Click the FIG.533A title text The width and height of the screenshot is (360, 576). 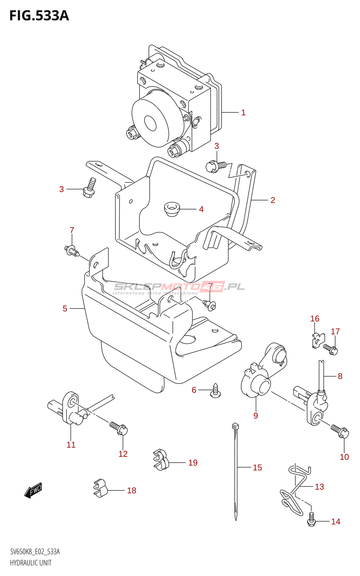pyautogui.click(x=39, y=16)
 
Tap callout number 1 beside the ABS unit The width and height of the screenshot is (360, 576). pyautogui.click(x=243, y=113)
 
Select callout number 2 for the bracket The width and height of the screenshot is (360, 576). pyautogui.click(x=273, y=200)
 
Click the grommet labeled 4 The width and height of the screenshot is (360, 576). pyautogui.click(x=172, y=209)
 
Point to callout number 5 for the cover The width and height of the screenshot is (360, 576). pyautogui.click(x=65, y=309)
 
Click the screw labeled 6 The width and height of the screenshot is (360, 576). pyautogui.click(x=215, y=391)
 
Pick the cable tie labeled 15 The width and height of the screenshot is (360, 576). pyautogui.click(x=236, y=472)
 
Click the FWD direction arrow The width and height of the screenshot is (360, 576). pyautogui.click(x=33, y=491)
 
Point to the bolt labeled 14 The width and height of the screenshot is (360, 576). pyautogui.click(x=311, y=520)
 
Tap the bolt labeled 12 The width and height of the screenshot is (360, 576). pyautogui.click(x=119, y=428)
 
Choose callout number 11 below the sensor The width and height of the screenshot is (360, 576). pyautogui.click(x=71, y=445)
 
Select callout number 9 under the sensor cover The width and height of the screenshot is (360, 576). pyautogui.click(x=256, y=416)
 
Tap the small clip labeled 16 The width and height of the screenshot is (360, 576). pyautogui.click(x=318, y=340)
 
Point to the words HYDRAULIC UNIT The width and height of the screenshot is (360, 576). pyautogui.click(x=31, y=563)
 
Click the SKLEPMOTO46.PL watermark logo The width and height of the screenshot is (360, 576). pyautogui.click(x=179, y=287)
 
